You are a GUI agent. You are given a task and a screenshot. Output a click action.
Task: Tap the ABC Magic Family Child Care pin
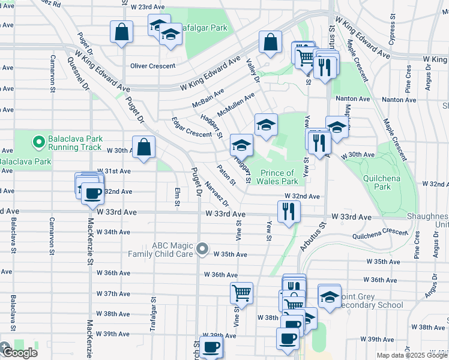[x=203, y=248]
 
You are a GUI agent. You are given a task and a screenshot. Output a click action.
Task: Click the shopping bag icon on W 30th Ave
[x=144, y=147]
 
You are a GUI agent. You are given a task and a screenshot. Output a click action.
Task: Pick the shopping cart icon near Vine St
[x=241, y=293]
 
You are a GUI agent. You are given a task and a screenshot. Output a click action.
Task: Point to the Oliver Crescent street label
[x=153, y=66]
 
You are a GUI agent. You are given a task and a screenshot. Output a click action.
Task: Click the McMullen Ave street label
[x=236, y=104]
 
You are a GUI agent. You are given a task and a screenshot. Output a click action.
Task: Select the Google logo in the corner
[x=19, y=352]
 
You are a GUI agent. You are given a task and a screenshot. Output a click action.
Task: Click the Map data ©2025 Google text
[x=412, y=355]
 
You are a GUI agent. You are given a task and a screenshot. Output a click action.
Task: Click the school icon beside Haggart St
[x=241, y=145]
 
